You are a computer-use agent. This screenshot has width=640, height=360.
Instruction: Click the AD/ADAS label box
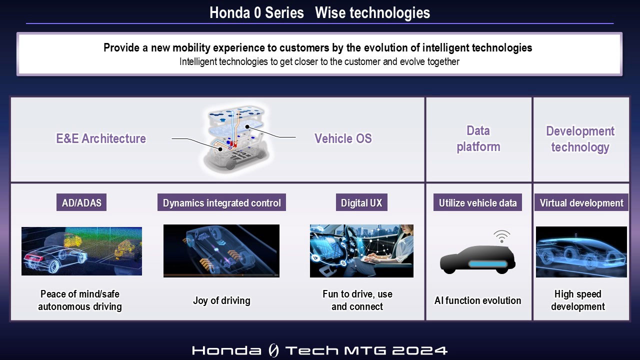point(81,202)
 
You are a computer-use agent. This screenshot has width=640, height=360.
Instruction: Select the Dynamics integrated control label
point(221,202)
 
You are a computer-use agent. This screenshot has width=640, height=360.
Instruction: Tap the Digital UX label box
point(361,202)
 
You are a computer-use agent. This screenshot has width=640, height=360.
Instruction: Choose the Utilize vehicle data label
point(477,202)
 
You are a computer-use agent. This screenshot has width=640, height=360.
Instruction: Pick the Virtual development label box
point(581,202)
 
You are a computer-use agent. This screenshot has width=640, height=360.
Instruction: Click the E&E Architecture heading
point(101,138)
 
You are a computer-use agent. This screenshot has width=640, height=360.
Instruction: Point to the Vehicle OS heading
point(343,138)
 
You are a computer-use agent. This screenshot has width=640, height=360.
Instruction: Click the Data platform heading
point(478,139)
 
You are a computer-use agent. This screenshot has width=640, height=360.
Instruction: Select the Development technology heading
point(580,139)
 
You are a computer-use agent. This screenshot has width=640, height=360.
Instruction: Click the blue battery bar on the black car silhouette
point(487,264)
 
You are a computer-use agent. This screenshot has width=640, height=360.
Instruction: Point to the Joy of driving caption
point(221,300)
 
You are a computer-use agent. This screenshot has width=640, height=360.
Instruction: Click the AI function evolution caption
point(477,300)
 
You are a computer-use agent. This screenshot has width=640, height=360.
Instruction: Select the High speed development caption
point(578,300)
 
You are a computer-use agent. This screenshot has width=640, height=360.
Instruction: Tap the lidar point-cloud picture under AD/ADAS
point(81,251)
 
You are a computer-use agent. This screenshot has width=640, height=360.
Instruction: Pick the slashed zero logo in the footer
point(273,350)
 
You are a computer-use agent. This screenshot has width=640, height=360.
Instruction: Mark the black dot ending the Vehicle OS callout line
point(247,126)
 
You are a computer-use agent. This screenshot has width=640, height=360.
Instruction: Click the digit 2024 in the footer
point(419,350)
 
